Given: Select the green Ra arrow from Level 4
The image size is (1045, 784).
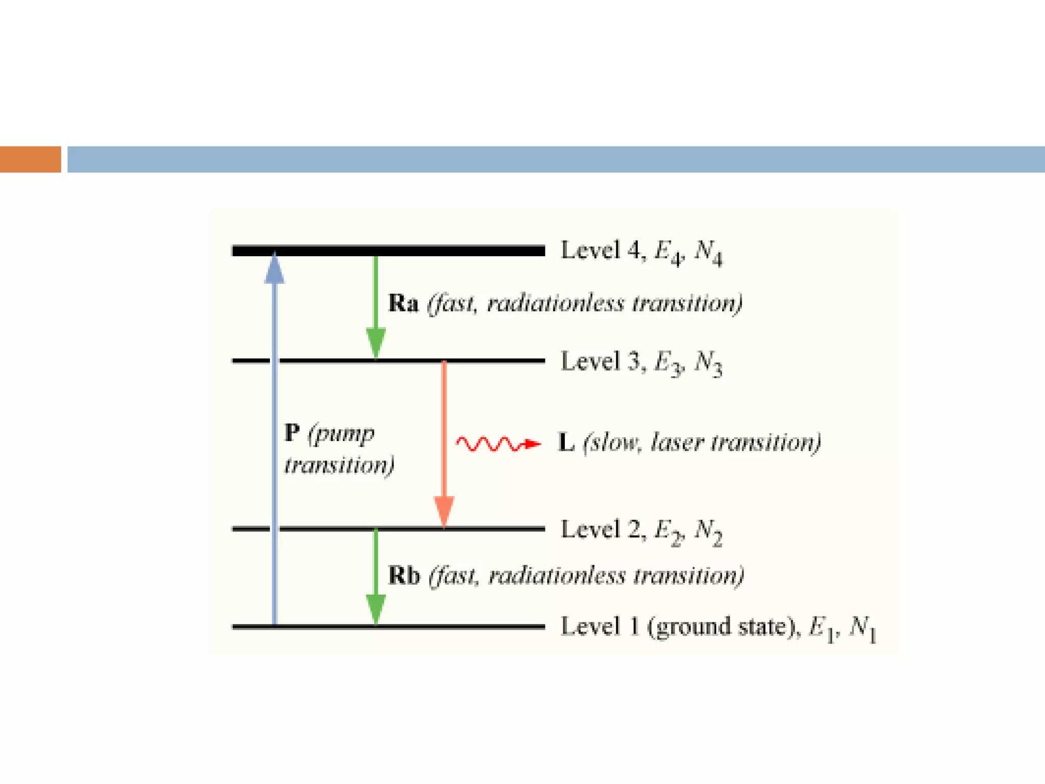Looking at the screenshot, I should [376, 306].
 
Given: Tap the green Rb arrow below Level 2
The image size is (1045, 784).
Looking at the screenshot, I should [376, 577].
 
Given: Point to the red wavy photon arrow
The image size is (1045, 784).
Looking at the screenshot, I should [497, 444].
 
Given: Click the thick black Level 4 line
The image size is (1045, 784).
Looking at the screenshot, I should [388, 251].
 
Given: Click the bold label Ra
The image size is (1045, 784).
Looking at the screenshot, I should [403, 303].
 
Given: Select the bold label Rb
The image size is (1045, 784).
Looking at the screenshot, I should [404, 576].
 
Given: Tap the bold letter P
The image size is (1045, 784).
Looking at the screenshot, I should [292, 433].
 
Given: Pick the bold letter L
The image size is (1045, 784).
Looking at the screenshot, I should [566, 443].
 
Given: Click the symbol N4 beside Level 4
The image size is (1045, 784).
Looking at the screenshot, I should [708, 253].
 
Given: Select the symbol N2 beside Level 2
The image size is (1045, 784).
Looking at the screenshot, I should [708, 532].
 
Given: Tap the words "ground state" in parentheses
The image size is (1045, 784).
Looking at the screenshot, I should [720, 627].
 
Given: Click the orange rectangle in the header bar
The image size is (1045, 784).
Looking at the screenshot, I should [31, 159].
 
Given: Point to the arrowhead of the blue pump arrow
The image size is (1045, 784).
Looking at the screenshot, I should [275, 267].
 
